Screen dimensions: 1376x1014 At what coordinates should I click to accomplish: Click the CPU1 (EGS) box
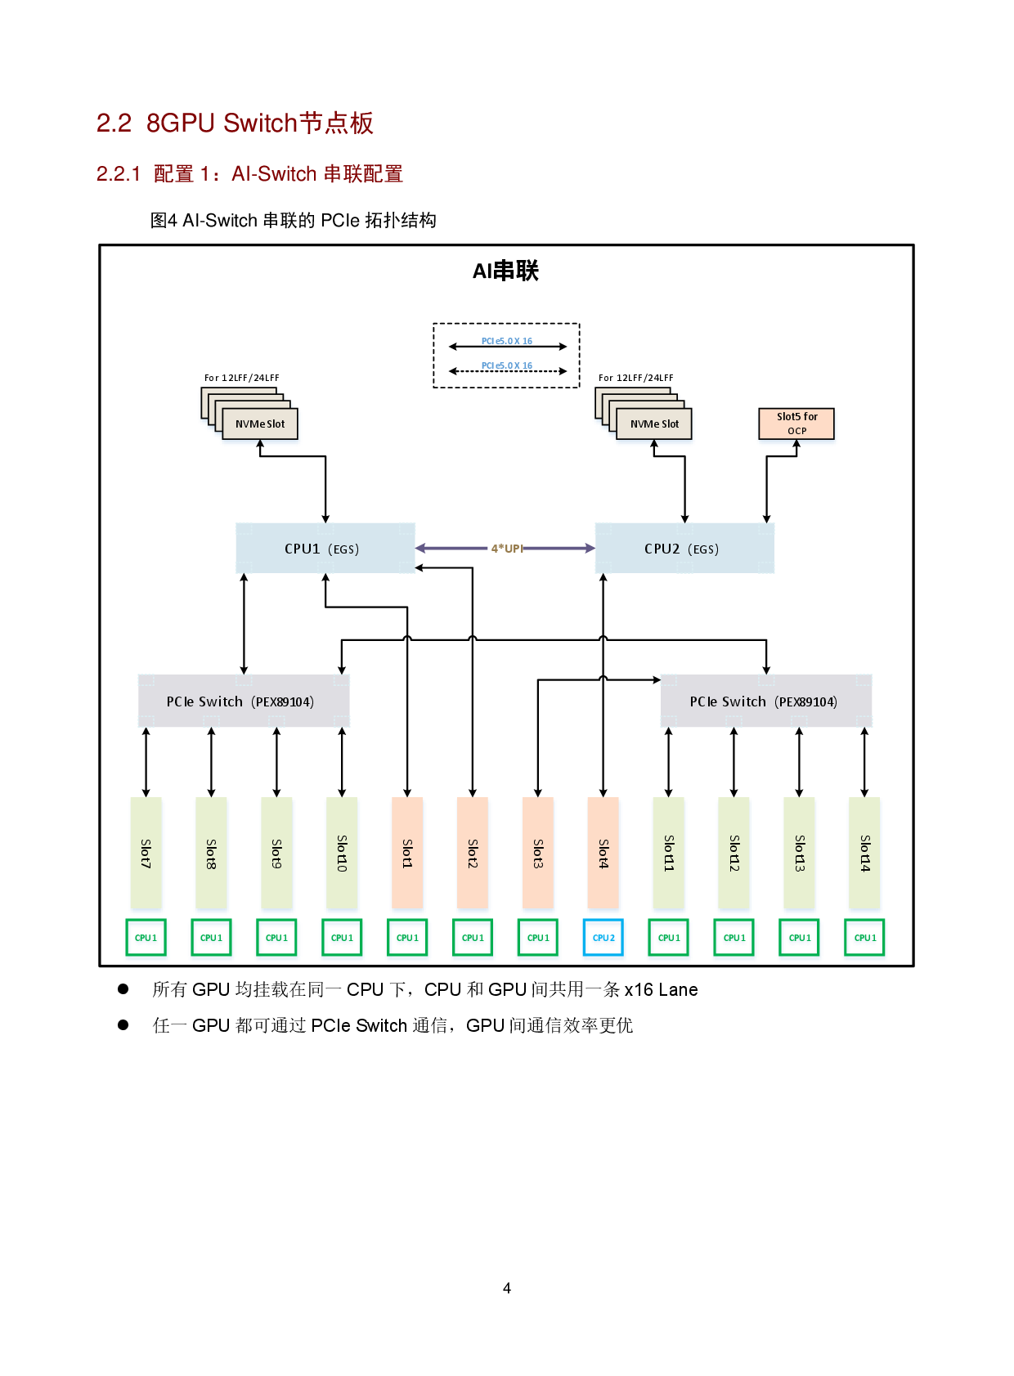point(325,549)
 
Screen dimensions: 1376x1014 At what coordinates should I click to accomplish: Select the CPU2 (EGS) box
point(684,549)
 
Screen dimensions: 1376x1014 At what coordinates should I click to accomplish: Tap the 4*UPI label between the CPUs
point(506,549)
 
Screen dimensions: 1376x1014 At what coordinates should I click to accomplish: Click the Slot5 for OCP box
point(796,424)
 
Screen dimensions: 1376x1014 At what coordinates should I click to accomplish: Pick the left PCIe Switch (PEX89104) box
point(244,701)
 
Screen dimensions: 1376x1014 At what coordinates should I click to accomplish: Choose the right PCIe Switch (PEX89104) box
point(765,701)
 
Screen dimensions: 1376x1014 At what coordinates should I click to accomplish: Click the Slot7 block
point(146,853)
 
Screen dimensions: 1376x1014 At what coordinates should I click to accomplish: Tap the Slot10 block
point(342,853)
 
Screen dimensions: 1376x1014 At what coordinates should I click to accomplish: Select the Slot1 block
point(407,853)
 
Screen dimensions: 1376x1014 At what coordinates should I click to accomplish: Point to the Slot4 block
point(603,853)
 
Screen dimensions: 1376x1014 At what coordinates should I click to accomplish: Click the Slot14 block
point(864,853)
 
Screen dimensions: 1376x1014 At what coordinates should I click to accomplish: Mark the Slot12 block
point(734,853)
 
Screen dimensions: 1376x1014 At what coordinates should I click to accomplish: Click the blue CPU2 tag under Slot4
point(603,938)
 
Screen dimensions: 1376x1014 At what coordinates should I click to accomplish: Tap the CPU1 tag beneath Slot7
point(146,938)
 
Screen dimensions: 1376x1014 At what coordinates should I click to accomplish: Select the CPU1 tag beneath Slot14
point(864,938)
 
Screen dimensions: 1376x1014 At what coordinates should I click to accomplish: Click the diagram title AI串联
point(505,271)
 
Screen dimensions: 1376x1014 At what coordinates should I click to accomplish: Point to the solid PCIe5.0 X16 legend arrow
point(507,347)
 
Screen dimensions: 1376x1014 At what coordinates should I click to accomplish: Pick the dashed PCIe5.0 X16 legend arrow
point(507,371)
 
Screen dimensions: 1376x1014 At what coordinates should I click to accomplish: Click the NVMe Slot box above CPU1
point(260,424)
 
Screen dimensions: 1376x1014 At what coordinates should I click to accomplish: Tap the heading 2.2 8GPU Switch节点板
point(236,123)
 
